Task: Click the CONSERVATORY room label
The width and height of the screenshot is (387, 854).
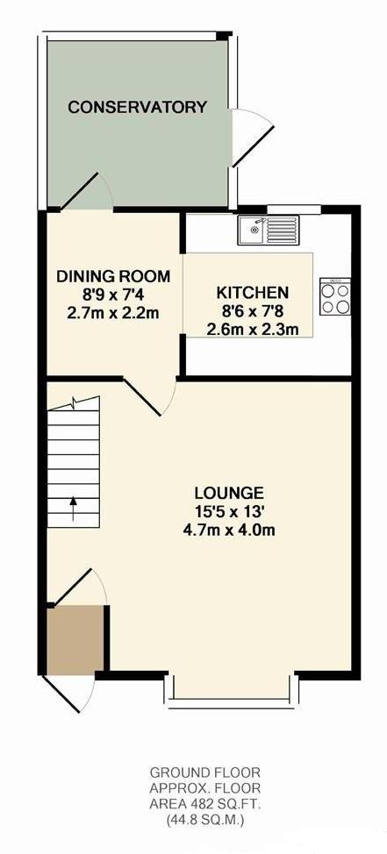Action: (x=138, y=107)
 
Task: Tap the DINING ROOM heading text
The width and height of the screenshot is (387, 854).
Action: (x=113, y=276)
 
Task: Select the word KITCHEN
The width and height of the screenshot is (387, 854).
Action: (x=253, y=293)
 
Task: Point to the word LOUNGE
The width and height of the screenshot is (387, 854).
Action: (x=229, y=494)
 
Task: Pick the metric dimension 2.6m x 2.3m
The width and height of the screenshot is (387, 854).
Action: (x=253, y=329)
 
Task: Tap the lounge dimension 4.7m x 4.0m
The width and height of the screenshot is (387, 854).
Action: (x=229, y=530)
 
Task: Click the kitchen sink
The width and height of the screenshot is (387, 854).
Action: (x=269, y=230)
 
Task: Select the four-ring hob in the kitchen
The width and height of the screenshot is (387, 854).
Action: (x=335, y=296)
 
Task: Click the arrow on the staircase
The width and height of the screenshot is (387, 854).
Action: (x=73, y=509)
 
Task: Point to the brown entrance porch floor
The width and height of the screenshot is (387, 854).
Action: (x=75, y=639)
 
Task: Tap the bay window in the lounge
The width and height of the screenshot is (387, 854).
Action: (x=232, y=691)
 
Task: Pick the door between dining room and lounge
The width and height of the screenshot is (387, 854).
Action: (x=148, y=396)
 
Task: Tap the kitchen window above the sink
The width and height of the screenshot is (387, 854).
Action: (x=294, y=208)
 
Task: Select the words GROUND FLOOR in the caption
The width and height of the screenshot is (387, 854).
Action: (x=205, y=772)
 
